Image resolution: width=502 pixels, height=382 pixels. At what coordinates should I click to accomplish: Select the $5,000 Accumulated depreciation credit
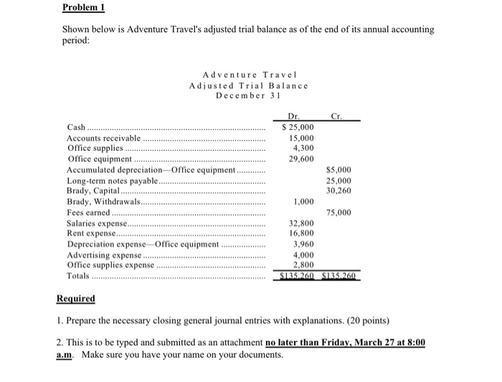coord(338,170)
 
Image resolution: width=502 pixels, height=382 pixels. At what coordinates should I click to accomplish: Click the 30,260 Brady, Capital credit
coord(338,191)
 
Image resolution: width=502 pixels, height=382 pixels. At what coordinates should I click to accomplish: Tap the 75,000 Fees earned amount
coord(338,213)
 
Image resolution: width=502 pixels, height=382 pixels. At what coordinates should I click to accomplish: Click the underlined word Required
coord(76,298)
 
